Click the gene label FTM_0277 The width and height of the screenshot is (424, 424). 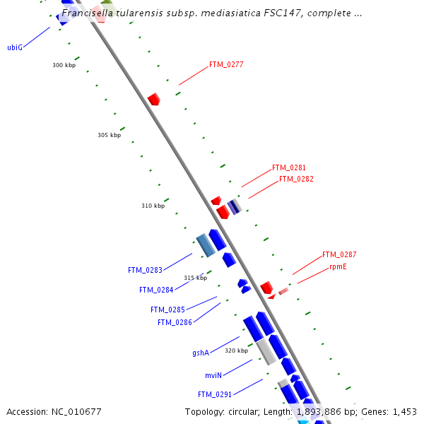(226, 64)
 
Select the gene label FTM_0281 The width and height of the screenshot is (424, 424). (289, 168)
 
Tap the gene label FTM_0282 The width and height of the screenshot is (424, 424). (296, 179)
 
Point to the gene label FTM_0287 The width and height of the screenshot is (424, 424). (339, 254)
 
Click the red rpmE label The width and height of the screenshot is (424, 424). (338, 267)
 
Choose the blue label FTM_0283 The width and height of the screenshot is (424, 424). (145, 270)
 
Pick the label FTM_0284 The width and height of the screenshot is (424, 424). (156, 290)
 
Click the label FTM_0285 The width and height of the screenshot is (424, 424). (167, 310)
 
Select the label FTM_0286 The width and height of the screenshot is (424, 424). (175, 322)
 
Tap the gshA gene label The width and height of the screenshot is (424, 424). (201, 353)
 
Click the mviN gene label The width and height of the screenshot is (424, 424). (213, 375)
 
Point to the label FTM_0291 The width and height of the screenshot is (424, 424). (215, 394)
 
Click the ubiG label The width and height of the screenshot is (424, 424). (15, 47)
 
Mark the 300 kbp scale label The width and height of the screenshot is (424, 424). (64, 65)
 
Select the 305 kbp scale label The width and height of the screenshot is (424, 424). (109, 135)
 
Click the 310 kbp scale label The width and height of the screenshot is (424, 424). (153, 206)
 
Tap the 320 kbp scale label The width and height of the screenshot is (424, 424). (237, 351)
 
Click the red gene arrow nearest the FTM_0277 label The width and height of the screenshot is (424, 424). (153, 99)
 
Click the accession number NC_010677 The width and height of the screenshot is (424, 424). (77, 411)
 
